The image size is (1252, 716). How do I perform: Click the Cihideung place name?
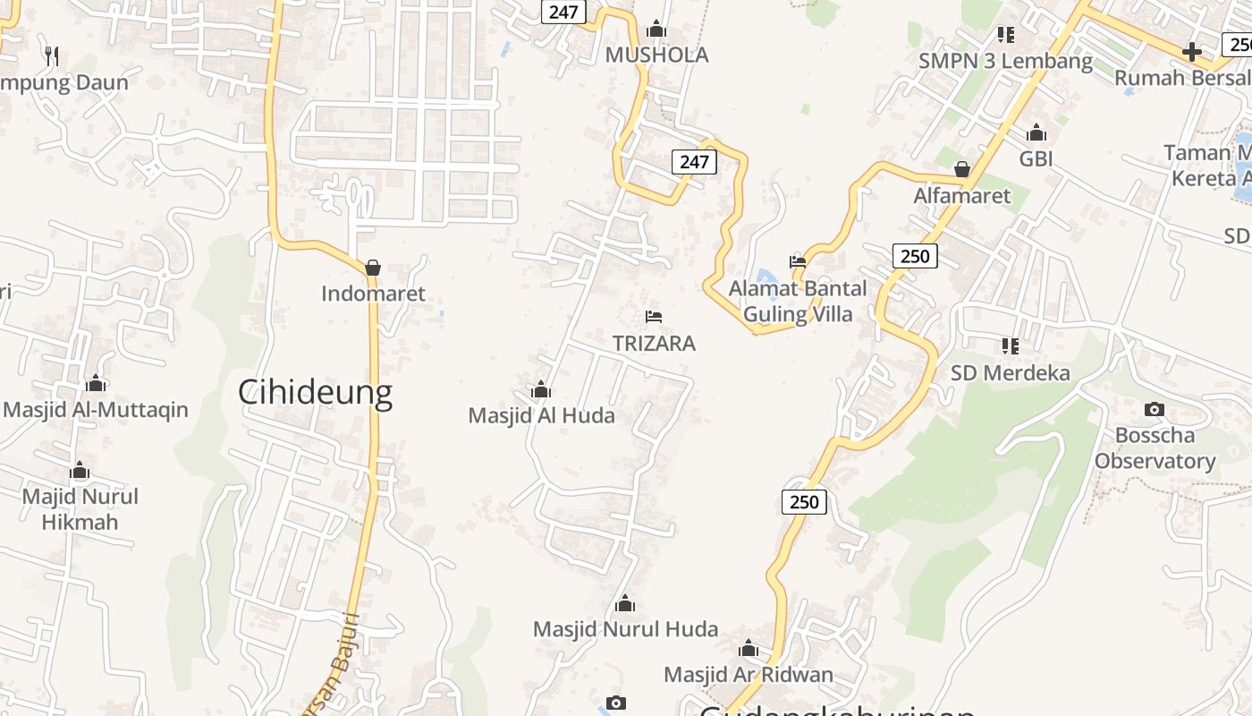(315, 392)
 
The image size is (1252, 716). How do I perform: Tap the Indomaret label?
(373, 294)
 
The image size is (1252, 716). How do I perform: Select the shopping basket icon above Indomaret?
(373, 268)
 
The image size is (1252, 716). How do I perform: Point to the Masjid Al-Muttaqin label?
(96, 410)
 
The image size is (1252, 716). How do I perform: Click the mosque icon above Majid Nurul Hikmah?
(80, 471)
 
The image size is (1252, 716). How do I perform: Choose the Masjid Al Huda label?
(541, 415)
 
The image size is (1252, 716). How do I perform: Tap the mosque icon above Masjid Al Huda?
(540, 389)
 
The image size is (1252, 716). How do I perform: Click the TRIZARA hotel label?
(654, 343)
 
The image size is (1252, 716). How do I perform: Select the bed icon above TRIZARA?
(654, 317)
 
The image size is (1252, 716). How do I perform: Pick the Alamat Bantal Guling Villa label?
(798, 302)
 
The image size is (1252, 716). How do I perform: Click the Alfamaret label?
(961, 195)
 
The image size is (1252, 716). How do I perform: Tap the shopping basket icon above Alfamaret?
(962, 169)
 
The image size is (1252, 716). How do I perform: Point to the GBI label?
(1036, 159)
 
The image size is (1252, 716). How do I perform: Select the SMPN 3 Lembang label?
(1005, 61)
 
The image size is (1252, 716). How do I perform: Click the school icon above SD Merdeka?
(1011, 345)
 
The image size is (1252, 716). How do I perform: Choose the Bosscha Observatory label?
(1155, 448)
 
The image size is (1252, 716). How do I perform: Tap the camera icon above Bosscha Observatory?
(1155, 409)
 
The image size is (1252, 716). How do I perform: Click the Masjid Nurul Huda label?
(625, 629)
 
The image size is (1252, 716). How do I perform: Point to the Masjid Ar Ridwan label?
(748, 674)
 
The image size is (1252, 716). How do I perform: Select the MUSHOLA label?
(656, 55)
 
